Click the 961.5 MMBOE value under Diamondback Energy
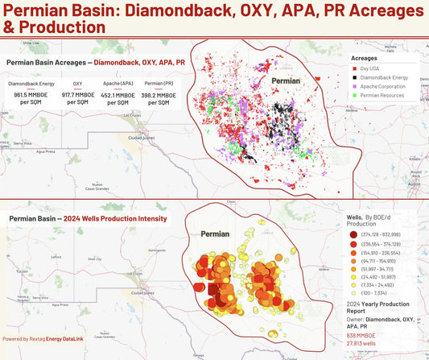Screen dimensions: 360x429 [31, 95]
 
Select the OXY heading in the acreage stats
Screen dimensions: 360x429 [77, 83]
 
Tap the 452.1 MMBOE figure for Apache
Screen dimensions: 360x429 [119, 95]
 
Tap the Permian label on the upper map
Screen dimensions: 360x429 [285, 82]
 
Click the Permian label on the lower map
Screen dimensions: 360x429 [215, 234]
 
